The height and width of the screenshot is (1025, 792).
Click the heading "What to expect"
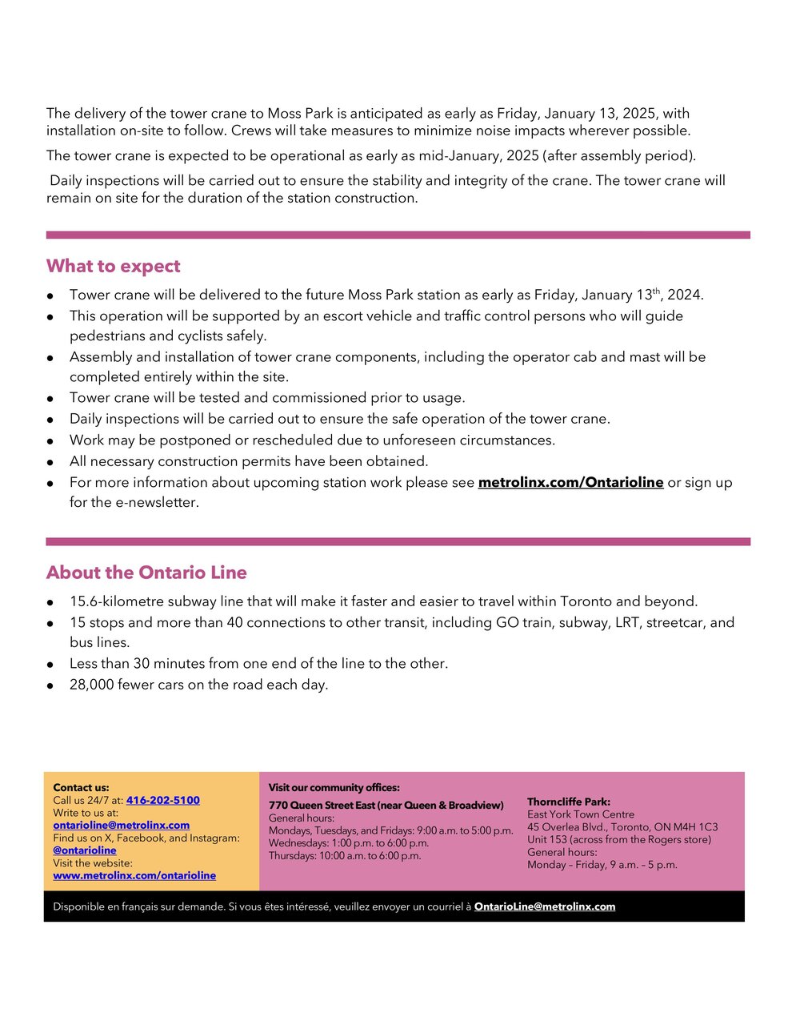point(114,266)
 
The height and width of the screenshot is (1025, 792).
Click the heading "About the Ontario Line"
point(146,573)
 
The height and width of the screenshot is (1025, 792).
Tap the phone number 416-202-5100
point(163,800)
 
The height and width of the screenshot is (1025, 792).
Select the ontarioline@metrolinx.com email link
point(122,825)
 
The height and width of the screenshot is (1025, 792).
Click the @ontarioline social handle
point(85,850)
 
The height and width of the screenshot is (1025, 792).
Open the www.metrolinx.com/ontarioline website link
point(134,875)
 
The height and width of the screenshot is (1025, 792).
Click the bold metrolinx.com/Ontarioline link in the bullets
point(570,482)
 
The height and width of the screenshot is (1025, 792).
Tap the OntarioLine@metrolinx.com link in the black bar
point(545,906)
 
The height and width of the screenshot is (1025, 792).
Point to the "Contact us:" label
point(81,787)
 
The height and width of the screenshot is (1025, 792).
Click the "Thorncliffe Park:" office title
point(569,802)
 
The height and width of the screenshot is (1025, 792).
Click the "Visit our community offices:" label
point(334,787)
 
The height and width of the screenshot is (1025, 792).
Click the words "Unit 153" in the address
point(547,839)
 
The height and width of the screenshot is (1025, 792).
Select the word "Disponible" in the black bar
point(78,906)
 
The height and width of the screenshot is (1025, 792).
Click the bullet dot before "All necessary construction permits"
point(50,462)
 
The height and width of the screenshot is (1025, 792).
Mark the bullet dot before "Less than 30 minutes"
point(50,665)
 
